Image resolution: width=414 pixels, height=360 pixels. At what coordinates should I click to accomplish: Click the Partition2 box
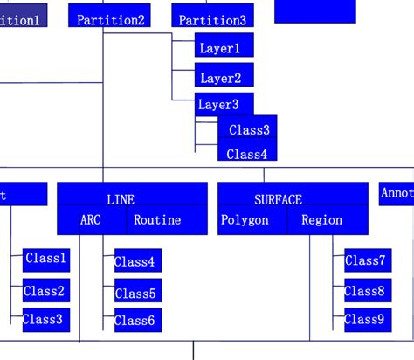[x=109, y=17]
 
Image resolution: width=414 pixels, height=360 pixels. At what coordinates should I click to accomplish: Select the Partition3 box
[x=212, y=17]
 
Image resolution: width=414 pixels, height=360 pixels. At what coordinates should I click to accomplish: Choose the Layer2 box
[x=224, y=76]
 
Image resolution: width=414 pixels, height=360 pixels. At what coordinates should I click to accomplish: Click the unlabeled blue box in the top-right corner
[x=315, y=10]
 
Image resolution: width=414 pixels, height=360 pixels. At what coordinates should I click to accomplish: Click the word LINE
[x=121, y=199]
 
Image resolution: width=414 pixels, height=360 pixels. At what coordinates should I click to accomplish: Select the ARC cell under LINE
[x=91, y=220]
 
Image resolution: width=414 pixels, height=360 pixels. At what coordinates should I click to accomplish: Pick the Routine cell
[x=157, y=220]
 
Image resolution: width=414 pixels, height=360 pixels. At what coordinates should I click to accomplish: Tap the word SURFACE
[x=278, y=199]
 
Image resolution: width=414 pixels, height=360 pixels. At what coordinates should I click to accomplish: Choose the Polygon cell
[x=245, y=220]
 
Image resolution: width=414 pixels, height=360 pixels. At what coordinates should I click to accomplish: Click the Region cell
[x=322, y=220]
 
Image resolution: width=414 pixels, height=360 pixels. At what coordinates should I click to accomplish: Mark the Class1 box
[x=45, y=259]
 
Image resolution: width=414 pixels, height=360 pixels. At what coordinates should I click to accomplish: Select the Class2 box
[x=45, y=291]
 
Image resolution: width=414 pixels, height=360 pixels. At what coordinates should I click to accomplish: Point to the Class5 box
[x=137, y=293]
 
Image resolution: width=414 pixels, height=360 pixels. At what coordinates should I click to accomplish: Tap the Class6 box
[x=137, y=321]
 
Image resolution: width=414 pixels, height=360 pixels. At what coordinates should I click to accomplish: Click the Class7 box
[x=364, y=260]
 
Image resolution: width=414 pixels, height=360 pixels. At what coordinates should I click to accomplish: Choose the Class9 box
[x=364, y=320]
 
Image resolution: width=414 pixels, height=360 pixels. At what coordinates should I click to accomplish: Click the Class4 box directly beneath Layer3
[x=247, y=154]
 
